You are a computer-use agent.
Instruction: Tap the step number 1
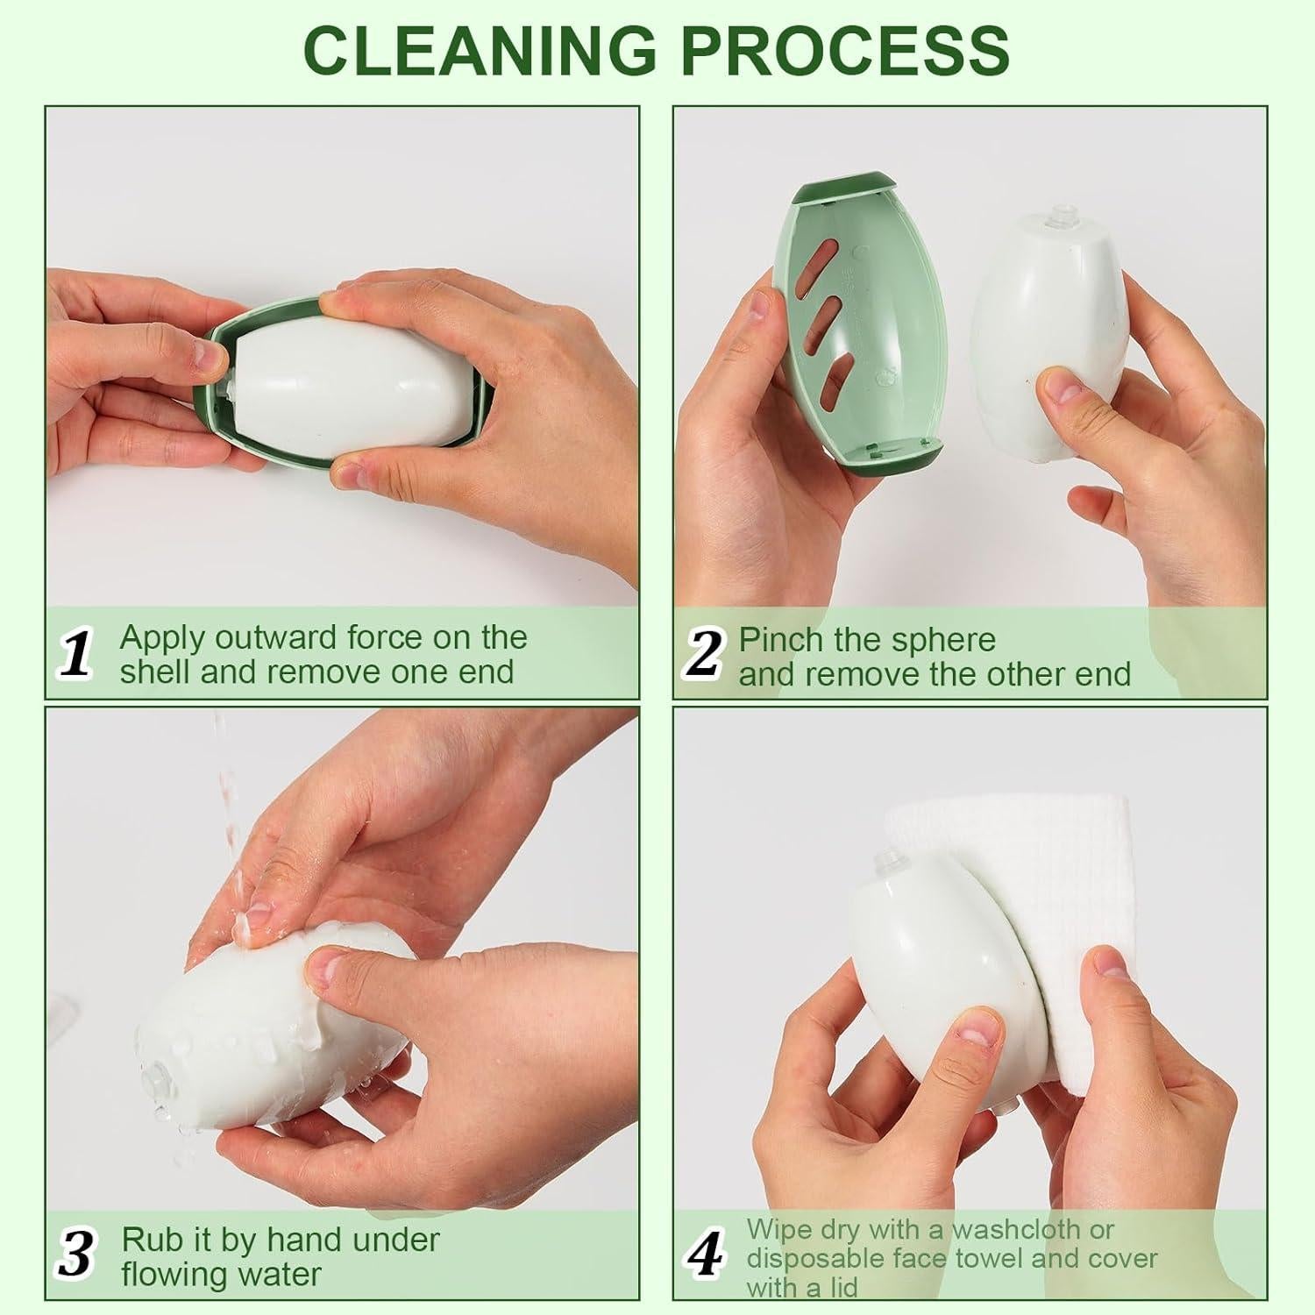(x=77, y=655)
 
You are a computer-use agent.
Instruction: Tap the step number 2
(x=704, y=655)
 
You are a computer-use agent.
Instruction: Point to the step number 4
(x=706, y=1256)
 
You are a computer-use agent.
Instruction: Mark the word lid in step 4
(x=838, y=1287)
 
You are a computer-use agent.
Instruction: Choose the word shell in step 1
(x=154, y=672)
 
